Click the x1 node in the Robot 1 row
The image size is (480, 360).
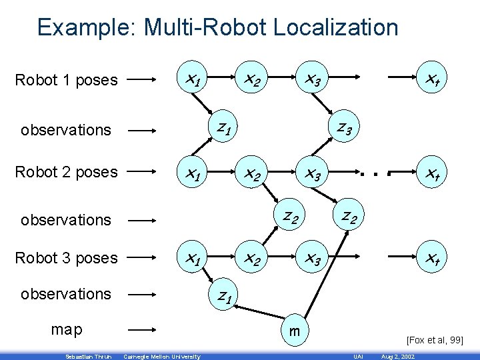point(193,81)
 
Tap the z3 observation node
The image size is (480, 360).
point(345,126)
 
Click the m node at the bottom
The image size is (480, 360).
point(293,331)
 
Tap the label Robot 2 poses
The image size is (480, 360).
point(66,172)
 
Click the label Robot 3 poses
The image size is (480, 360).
point(66,258)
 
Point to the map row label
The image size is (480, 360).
point(67,329)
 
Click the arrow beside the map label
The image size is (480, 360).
point(141,329)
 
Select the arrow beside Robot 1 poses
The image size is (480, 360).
point(141,81)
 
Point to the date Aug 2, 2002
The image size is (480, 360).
point(397,357)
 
